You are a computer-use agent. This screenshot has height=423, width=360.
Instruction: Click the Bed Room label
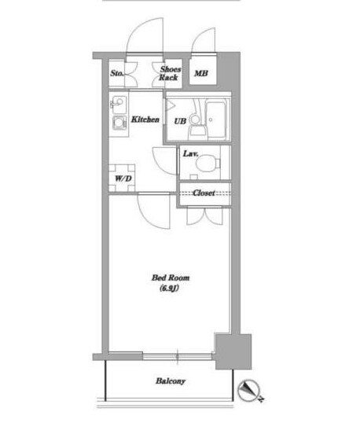click(171, 278)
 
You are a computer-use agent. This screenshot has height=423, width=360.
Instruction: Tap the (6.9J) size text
click(169, 288)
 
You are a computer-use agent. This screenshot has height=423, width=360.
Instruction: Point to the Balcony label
click(171, 381)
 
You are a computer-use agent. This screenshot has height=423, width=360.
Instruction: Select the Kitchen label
click(145, 120)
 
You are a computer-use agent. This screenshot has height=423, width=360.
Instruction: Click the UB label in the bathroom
click(180, 121)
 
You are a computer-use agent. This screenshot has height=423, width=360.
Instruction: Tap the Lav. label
click(191, 154)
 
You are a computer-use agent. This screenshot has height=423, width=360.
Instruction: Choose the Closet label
click(204, 193)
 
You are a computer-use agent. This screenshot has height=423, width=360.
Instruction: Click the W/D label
click(123, 178)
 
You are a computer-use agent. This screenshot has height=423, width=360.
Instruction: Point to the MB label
click(201, 73)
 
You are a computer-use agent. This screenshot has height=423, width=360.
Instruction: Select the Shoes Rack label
click(169, 73)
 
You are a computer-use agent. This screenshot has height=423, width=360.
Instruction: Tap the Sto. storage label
click(117, 73)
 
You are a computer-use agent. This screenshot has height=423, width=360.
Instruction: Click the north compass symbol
click(248, 390)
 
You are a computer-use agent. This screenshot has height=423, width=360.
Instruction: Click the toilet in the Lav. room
click(208, 163)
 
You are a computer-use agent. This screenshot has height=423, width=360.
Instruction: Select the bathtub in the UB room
click(215, 120)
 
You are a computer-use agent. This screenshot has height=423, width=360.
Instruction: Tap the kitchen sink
click(118, 105)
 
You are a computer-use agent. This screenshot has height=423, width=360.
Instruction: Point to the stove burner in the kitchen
click(119, 123)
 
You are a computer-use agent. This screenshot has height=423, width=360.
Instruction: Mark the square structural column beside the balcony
click(233, 351)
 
